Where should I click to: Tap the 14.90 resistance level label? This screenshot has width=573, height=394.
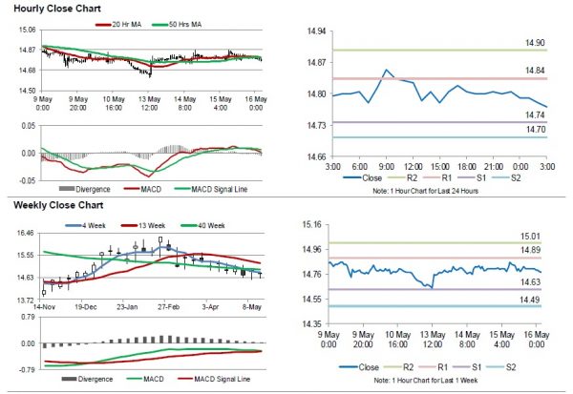535,43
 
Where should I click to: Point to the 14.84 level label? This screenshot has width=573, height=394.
535,72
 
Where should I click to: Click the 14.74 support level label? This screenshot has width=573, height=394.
535,115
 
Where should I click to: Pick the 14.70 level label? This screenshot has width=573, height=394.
535,130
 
